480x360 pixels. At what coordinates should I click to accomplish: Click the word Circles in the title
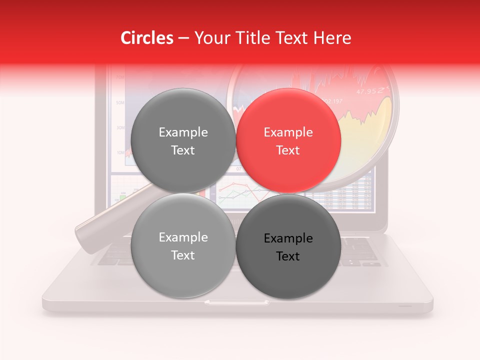147,38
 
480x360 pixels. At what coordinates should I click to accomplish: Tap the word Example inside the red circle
288,132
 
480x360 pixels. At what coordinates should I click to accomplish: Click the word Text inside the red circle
288,150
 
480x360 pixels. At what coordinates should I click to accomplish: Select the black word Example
288,238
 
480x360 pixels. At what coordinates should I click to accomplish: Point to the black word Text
288,256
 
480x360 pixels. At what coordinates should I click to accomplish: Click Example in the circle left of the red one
183,132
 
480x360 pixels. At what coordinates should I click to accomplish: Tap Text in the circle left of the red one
183,150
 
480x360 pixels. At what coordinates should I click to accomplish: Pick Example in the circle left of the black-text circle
183,237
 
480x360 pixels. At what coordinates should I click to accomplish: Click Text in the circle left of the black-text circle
183,255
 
